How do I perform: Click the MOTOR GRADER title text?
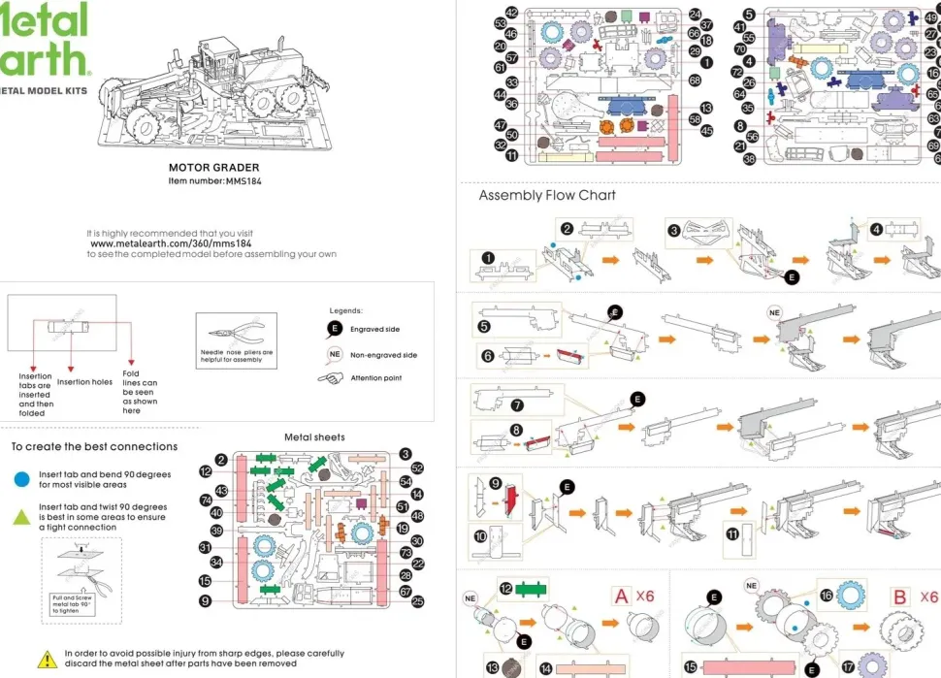click(x=214, y=168)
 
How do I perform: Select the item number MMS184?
click(x=214, y=180)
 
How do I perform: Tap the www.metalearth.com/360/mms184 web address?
click(x=171, y=243)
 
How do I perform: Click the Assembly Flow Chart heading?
click(x=547, y=195)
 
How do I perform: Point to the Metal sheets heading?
click(x=314, y=437)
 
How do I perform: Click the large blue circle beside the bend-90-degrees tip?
click(x=21, y=478)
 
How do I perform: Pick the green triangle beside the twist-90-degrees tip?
click(x=21, y=517)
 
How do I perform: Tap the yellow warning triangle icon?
click(x=47, y=660)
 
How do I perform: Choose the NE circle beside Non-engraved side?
click(x=335, y=355)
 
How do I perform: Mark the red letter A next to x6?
click(x=621, y=597)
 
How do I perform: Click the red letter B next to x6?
click(x=899, y=597)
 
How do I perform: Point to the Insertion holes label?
click(x=84, y=382)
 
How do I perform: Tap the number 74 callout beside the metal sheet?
click(x=207, y=500)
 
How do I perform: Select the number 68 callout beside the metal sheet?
click(x=695, y=81)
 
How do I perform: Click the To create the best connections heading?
click(x=94, y=447)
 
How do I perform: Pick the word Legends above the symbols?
click(x=346, y=310)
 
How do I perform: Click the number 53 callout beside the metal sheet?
click(x=501, y=23)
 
